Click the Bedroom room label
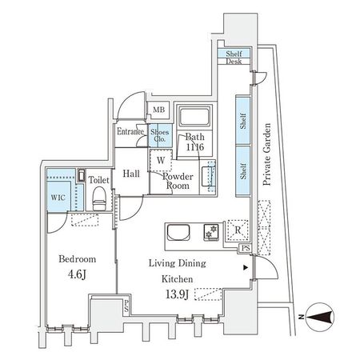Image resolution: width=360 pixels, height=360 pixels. coord(78,260)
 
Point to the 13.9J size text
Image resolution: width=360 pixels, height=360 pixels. coord(177,296)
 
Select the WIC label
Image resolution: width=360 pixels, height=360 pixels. coord(55,196)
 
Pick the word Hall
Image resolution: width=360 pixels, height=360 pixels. coord(132,173)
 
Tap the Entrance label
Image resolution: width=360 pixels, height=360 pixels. coord(130,131)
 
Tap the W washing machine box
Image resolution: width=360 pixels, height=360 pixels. coord(161,159)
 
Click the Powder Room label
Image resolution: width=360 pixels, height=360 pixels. coord(178,180)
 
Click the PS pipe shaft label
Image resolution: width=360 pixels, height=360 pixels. coord(243,249)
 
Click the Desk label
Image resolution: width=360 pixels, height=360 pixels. coord(234,62)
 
